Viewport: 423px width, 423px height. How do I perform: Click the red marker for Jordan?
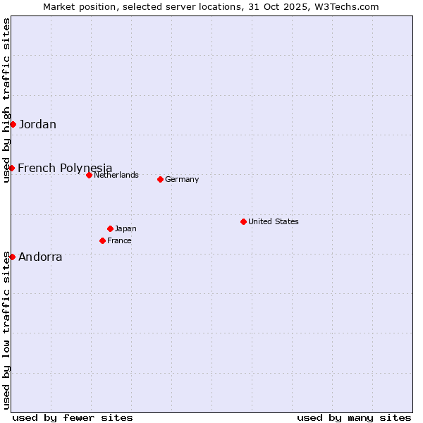click(13, 124)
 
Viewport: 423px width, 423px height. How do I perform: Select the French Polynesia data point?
click(12, 168)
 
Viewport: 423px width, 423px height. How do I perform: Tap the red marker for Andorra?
click(13, 257)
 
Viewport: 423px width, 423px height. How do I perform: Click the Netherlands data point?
click(89, 175)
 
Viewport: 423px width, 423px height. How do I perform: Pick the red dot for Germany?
click(160, 179)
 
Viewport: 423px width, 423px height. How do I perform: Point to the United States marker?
click(243, 221)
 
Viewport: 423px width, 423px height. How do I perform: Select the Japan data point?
click(110, 228)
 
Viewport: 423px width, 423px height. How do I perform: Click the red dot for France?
click(103, 240)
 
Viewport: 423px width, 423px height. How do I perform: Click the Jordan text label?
click(37, 125)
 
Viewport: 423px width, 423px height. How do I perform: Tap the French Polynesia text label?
click(65, 168)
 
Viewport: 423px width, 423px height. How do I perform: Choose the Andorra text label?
click(40, 257)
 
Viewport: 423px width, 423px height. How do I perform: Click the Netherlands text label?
click(116, 175)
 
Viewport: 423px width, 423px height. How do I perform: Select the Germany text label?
click(182, 180)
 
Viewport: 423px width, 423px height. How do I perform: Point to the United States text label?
click(274, 221)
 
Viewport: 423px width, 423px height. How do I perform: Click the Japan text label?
click(125, 228)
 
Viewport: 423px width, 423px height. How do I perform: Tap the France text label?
click(119, 240)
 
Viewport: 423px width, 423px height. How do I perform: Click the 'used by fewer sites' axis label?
click(73, 417)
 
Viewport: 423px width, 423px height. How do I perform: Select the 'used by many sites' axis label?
click(354, 417)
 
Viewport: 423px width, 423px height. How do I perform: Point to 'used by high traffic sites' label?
click(6, 101)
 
